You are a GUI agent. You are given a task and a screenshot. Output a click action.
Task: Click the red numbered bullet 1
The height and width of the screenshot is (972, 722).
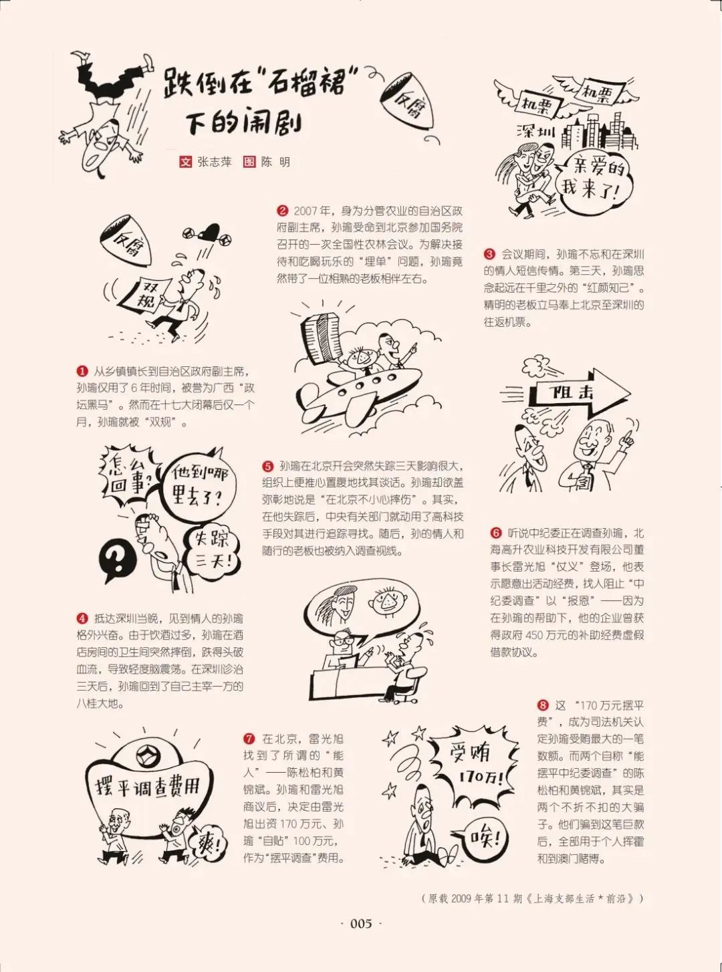[x=82, y=372]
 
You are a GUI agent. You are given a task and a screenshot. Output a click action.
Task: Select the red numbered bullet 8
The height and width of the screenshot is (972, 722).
[x=543, y=705]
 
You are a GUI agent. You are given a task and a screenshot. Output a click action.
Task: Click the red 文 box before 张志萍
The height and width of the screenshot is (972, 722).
[x=186, y=162]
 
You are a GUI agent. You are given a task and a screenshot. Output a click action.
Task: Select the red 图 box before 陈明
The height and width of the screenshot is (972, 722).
[x=249, y=162]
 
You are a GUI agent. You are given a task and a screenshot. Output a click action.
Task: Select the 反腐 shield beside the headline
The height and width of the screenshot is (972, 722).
[x=408, y=101]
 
